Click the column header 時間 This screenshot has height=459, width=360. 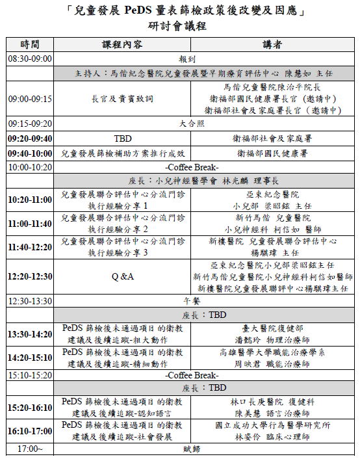click(x=30, y=45)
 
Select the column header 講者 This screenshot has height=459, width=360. click(x=272, y=45)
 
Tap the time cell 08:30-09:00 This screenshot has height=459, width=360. click(x=30, y=59)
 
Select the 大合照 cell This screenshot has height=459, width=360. click(x=196, y=123)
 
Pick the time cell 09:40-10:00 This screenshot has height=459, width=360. click(x=30, y=153)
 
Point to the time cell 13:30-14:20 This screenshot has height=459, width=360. click(x=30, y=334)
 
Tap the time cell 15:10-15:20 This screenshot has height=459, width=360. click(x=30, y=375)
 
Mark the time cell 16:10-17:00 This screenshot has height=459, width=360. click(x=30, y=430)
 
